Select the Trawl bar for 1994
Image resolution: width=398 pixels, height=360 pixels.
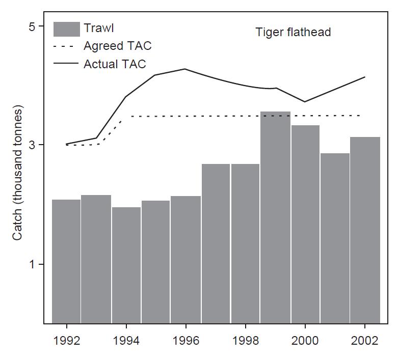[126, 265]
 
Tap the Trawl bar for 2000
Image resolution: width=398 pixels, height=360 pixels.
[305, 224]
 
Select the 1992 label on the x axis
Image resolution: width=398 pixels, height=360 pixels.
[66, 341]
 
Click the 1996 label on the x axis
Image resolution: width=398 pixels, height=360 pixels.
[185, 341]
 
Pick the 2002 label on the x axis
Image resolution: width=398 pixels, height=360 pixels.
[365, 341]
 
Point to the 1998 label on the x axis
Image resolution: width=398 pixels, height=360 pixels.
[246, 341]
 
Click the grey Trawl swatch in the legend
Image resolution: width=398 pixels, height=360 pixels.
[67, 29]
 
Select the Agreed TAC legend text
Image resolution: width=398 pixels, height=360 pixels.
[117, 46]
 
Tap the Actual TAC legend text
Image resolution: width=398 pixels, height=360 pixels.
[115, 64]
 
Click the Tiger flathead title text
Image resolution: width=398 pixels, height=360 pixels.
[293, 33]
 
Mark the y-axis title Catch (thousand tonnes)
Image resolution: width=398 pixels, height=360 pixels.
[18, 173]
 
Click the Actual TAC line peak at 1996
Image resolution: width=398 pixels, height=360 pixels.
[185, 69]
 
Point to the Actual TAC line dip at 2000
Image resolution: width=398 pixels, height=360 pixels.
[305, 102]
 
